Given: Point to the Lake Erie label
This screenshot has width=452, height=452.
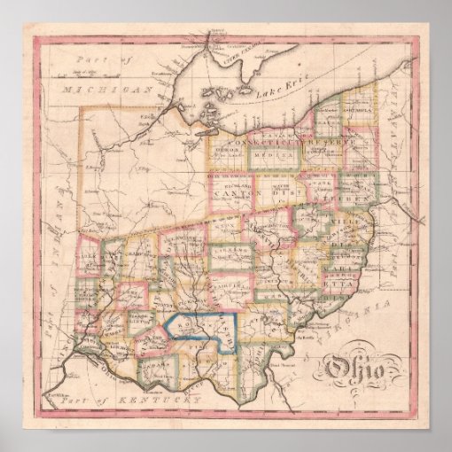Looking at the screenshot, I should (x=274, y=93).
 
